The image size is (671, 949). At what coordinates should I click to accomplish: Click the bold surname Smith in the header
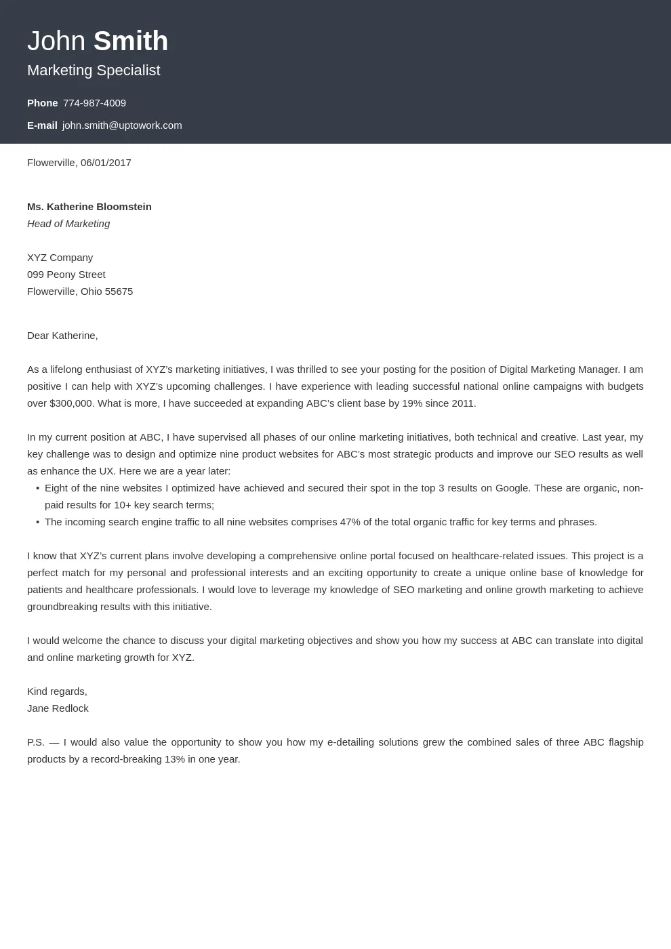tap(130, 41)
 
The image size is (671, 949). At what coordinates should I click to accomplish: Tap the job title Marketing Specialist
tap(94, 70)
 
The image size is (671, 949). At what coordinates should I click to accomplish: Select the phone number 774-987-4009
tap(94, 103)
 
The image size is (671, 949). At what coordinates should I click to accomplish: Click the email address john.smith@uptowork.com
tap(122, 125)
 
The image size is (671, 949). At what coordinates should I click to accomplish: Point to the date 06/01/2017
tap(106, 163)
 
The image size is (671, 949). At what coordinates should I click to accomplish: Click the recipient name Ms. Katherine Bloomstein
tap(89, 207)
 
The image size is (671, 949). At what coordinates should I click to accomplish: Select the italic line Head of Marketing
tap(68, 224)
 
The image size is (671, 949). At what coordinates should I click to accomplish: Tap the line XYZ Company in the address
tap(60, 258)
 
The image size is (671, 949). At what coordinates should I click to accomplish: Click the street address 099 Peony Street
tap(66, 275)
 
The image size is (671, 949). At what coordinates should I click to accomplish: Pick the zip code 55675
tap(119, 291)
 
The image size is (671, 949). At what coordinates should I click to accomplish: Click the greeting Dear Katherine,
tap(62, 336)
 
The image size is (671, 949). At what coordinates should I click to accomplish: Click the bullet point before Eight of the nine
tap(37, 488)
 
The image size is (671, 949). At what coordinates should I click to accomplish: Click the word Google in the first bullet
tap(512, 488)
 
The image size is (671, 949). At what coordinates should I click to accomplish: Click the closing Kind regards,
tap(57, 691)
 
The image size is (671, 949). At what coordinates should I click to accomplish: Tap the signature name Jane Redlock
tap(58, 708)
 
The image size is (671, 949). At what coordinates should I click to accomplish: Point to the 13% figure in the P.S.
tap(174, 759)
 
